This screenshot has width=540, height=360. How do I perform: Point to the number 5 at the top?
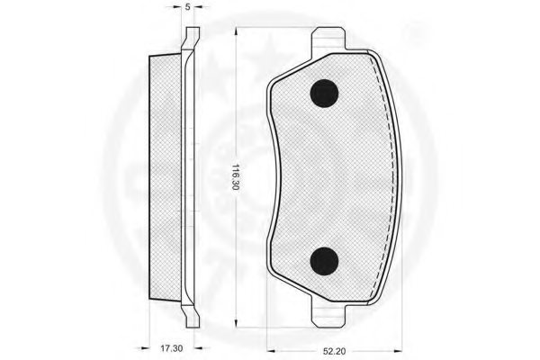tap(187, 7)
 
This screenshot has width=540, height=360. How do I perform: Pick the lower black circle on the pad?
tap(323, 260)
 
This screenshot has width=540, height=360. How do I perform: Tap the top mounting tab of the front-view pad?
tap(328, 40)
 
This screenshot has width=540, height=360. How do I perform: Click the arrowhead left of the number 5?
tap(178, 16)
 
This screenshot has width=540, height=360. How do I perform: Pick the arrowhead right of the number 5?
tap(196, 16)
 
